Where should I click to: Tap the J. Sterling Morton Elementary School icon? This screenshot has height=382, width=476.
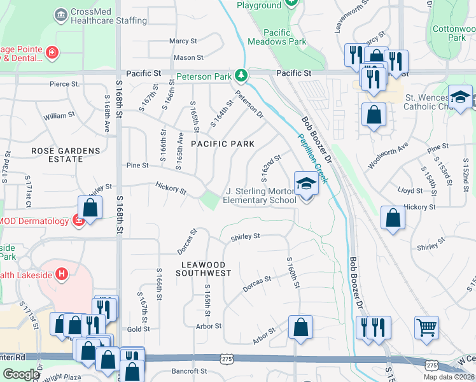(306, 185)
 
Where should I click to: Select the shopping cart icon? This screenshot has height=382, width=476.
(426, 328)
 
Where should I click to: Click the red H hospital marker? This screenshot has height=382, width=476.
(62, 274)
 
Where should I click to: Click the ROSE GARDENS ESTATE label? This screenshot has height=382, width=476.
(66, 155)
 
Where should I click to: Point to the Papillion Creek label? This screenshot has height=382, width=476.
(312, 157)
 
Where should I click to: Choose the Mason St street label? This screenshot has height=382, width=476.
(188, 58)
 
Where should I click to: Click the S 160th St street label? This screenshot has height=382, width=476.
(293, 272)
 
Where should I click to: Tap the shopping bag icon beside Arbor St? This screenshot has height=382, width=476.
(301, 327)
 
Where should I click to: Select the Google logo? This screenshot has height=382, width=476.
(21, 374)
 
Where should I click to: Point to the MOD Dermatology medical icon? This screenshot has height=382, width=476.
(78, 221)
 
